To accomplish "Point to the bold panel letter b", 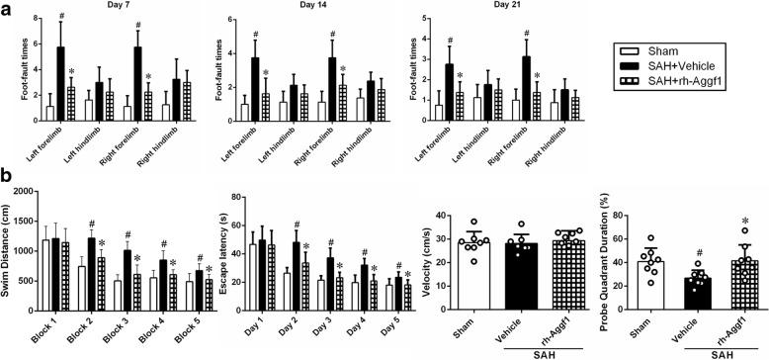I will [7, 173].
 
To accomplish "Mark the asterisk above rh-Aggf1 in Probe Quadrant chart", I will [745, 223].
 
